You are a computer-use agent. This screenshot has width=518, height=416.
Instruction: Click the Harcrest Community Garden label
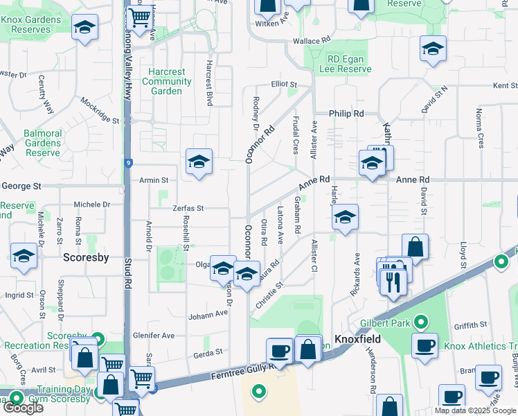pyautogui.click(x=166, y=81)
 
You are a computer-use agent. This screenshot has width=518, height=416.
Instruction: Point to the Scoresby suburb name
pyautogui.click(x=86, y=257)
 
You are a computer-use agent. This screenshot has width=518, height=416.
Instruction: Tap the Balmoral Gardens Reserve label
pyautogui.click(x=42, y=142)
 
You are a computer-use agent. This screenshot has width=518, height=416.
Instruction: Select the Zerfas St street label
pyautogui.click(x=188, y=208)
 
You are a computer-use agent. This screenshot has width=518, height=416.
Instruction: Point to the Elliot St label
pyautogui.click(x=284, y=85)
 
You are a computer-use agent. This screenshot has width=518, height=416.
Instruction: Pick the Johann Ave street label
pyautogui.click(x=208, y=313)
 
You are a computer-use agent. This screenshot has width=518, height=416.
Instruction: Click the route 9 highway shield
pyautogui.click(x=129, y=164)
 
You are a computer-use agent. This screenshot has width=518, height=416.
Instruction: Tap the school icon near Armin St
pyautogui.click(x=199, y=162)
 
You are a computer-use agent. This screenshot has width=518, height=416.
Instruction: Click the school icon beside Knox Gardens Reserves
pyautogui.click(x=85, y=28)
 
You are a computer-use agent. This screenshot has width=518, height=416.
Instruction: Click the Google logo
pyautogui.click(x=22, y=408)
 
